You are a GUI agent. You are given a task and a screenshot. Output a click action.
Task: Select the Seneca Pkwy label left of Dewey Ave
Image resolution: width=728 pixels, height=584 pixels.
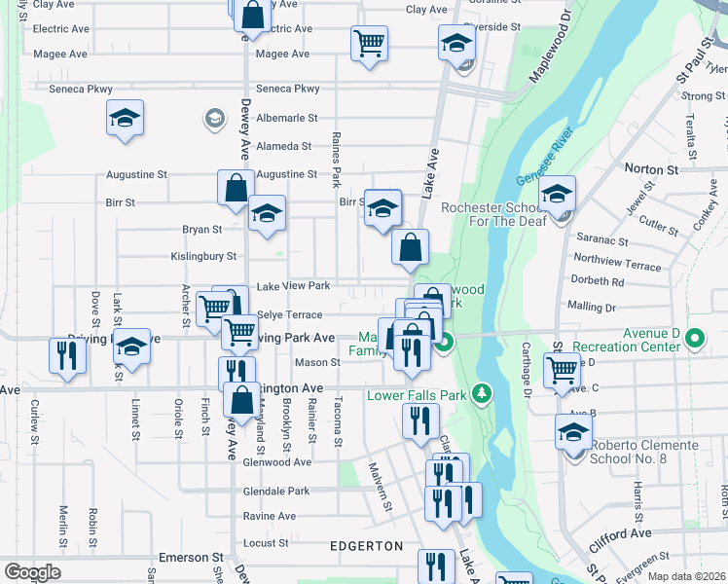81,89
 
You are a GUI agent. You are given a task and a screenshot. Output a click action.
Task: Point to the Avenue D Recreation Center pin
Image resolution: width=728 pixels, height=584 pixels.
694,340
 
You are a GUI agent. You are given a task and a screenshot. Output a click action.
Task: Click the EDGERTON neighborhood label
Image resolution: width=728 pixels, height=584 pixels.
366,546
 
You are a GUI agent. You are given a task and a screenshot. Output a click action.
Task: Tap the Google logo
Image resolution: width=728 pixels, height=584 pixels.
31,572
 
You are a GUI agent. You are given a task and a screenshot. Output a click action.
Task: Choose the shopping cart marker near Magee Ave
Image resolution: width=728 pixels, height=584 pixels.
370,43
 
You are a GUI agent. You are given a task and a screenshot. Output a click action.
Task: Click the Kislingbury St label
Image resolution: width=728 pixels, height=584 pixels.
203,256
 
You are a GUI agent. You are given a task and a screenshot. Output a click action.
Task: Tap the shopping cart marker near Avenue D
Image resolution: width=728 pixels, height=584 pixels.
563,369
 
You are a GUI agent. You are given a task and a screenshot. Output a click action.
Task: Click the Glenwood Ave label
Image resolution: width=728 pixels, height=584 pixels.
277,462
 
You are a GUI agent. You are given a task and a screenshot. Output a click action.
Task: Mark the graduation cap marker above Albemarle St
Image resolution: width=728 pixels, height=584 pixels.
126,118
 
